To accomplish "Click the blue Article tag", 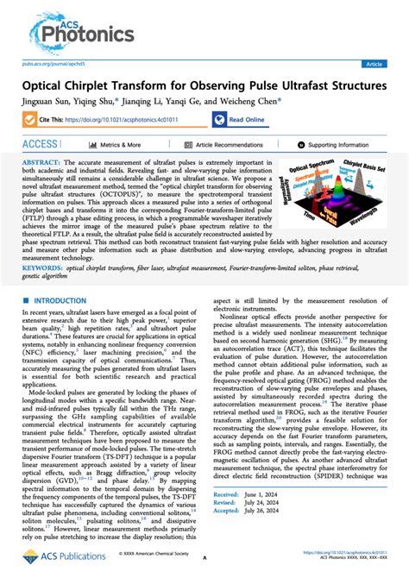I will [x=374, y=64].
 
